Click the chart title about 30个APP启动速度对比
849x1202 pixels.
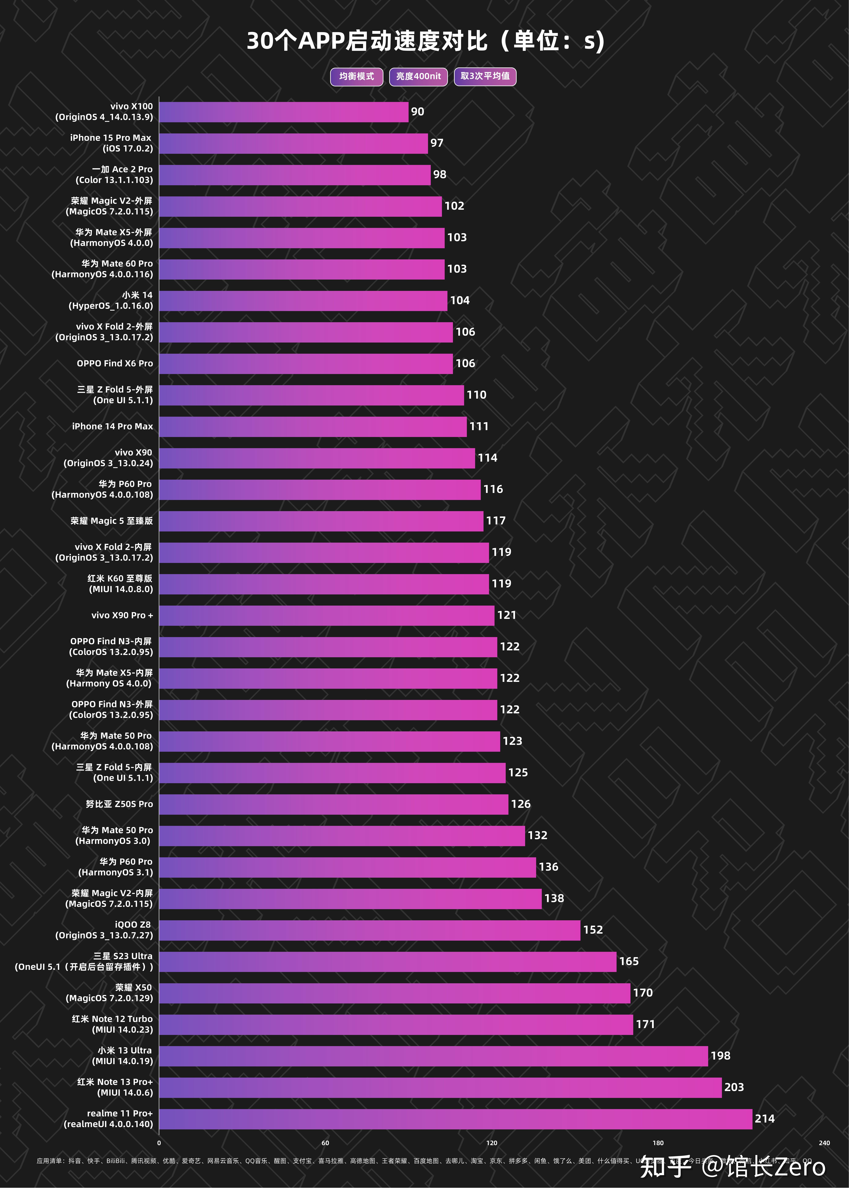point(425,41)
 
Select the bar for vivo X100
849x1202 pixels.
point(283,112)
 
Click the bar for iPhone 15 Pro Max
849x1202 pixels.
point(293,143)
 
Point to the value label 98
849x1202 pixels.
point(439,174)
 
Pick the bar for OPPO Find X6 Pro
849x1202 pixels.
point(306,364)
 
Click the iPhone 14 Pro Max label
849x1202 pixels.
point(113,427)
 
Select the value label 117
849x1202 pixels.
point(495,521)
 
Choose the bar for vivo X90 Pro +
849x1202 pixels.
point(326,616)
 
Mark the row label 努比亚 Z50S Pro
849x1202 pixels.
point(119,804)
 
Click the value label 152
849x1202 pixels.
point(593,930)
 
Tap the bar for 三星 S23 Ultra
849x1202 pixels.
point(388,962)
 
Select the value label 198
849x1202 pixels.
point(720,1056)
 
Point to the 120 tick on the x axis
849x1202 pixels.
point(491,1143)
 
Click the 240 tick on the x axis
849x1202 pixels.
point(824,1143)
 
